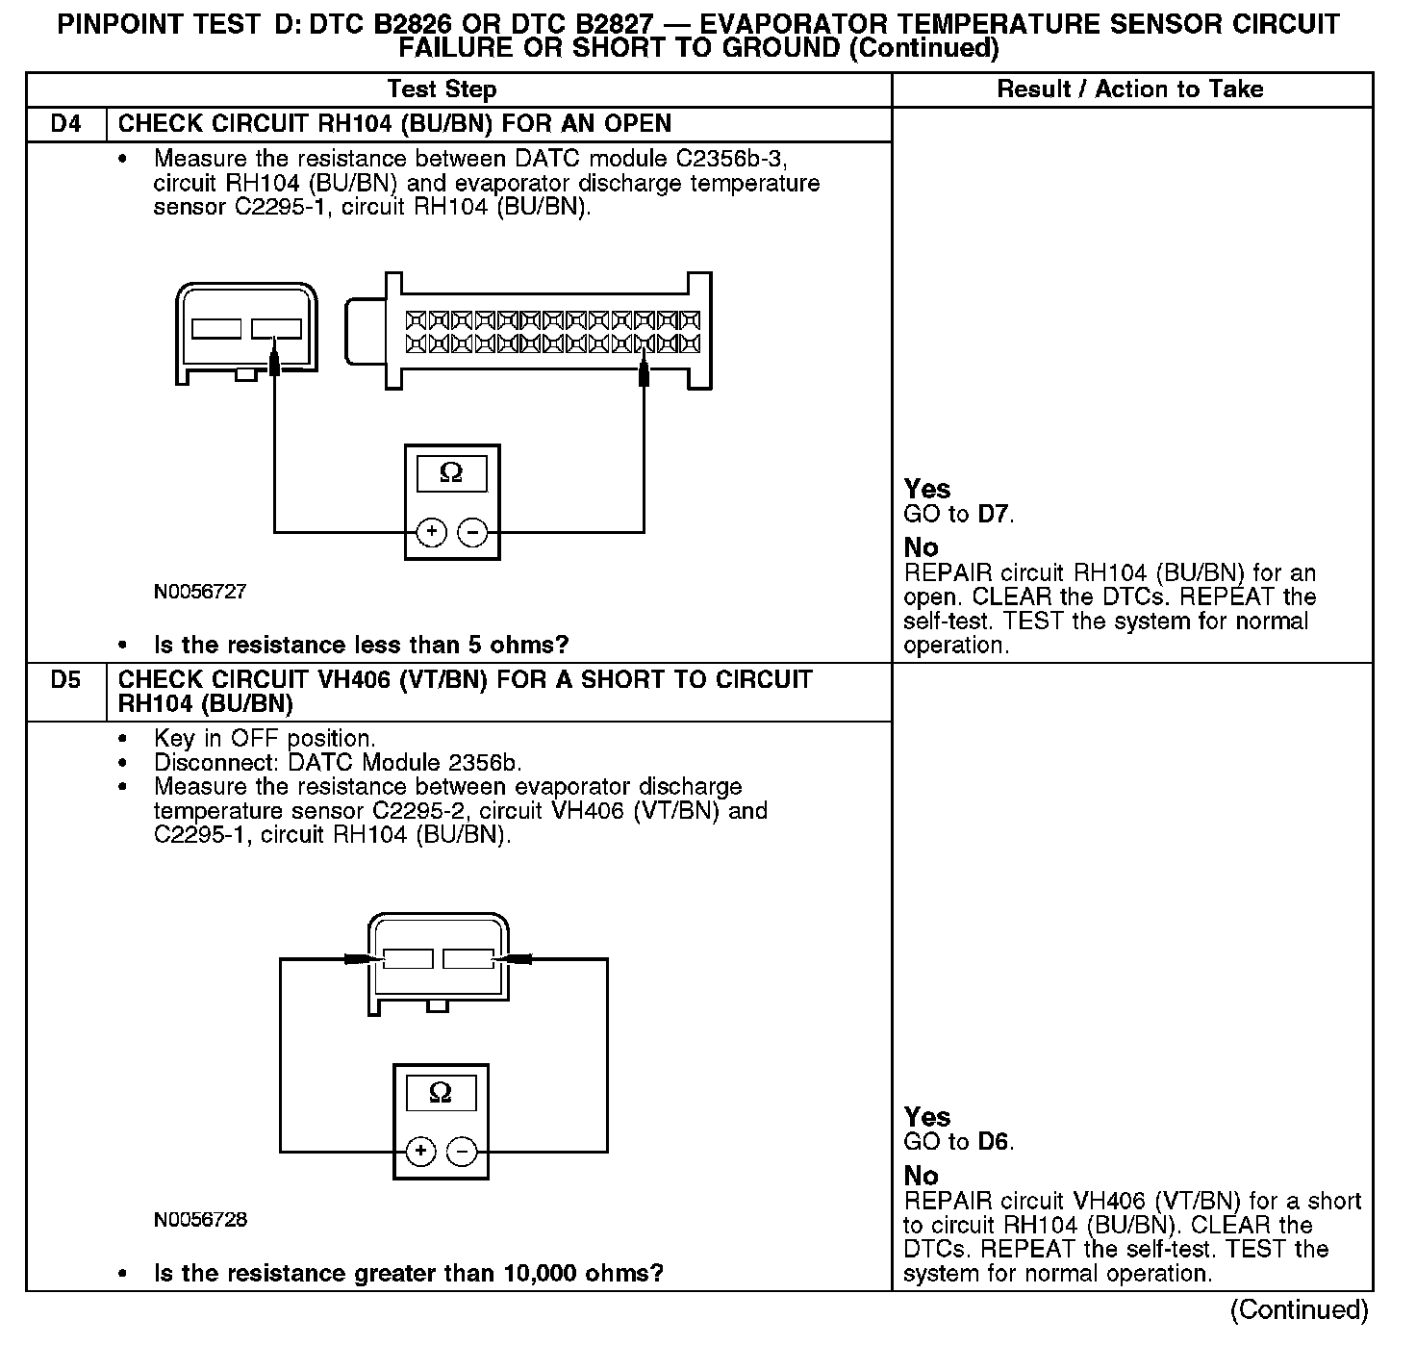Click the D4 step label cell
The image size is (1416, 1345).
[x=65, y=124]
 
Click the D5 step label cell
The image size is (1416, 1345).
[x=65, y=680]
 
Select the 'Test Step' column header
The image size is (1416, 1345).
[x=442, y=89]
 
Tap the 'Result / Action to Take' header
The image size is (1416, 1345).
[x=1130, y=89]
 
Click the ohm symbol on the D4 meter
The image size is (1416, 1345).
[x=450, y=473]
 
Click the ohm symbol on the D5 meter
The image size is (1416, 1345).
[x=440, y=1093]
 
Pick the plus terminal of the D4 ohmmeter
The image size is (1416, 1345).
[x=432, y=532]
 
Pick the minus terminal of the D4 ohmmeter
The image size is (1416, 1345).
[x=471, y=532]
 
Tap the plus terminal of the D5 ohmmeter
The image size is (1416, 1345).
[x=420, y=1151]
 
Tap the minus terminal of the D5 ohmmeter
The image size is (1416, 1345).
[x=462, y=1151]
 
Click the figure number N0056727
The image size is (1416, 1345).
[x=199, y=592]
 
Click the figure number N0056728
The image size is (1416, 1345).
[x=199, y=1220]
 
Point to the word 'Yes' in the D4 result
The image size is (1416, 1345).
[x=927, y=489]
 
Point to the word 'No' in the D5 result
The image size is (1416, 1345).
[x=921, y=1176]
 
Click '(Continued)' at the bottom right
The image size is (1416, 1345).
[x=1299, y=1309]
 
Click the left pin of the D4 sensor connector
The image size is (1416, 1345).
[x=216, y=329]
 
